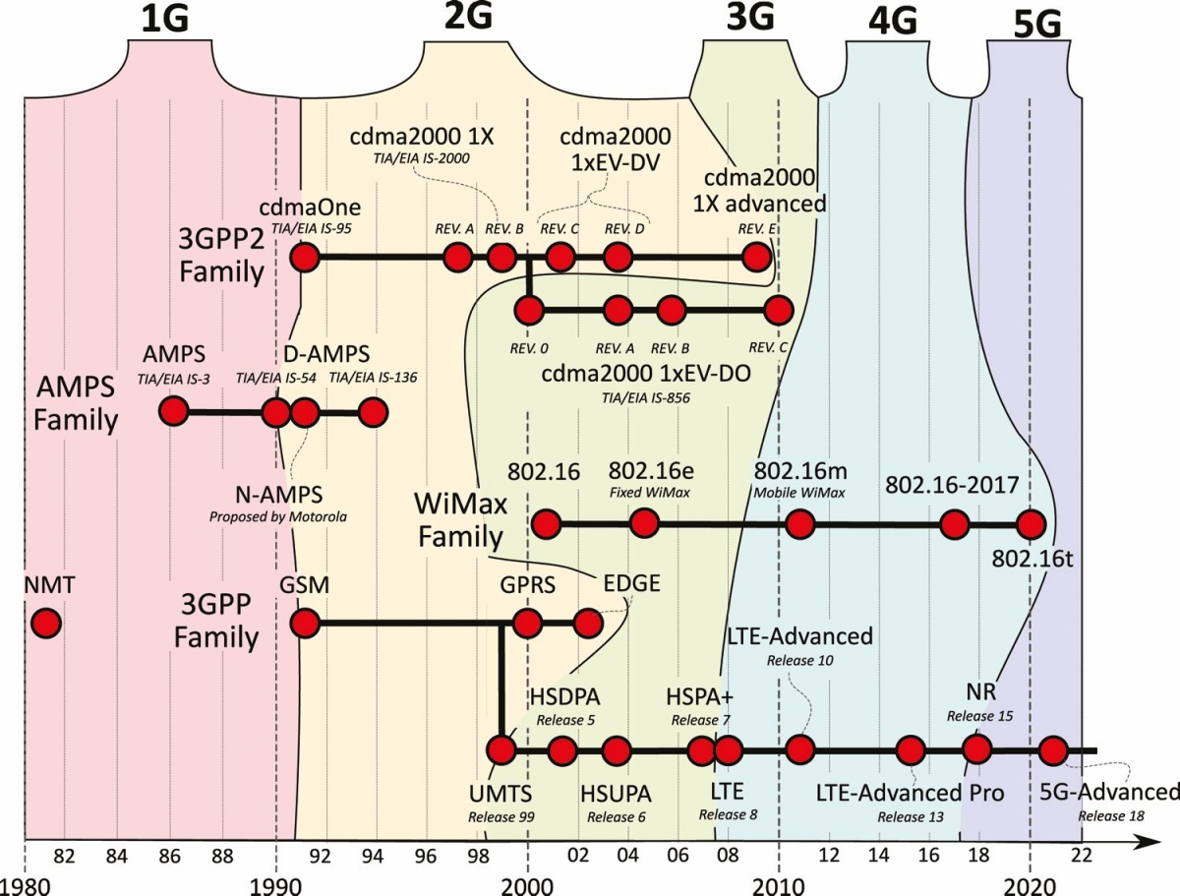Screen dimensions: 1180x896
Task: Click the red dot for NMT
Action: tap(46, 624)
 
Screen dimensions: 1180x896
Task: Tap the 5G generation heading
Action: tap(1037, 25)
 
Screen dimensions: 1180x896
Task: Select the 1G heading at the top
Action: tap(164, 21)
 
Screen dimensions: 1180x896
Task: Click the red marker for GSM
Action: tap(305, 624)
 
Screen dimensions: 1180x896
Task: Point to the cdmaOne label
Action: tap(310, 207)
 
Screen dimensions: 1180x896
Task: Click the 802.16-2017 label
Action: tap(952, 485)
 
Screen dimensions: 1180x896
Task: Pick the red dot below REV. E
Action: tap(757, 258)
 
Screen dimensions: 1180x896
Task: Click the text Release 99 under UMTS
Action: tap(501, 817)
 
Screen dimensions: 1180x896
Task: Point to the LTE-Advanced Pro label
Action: tap(911, 793)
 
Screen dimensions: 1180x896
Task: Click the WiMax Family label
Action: tap(461, 520)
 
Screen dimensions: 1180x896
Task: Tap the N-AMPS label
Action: tap(279, 494)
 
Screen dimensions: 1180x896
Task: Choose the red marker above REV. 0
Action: tap(529, 311)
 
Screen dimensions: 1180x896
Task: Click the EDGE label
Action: tap(631, 583)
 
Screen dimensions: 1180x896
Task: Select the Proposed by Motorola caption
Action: tap(278, 517)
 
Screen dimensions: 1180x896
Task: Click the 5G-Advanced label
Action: tap(1109, 793)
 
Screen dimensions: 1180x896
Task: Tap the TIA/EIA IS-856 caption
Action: tap(646, 397)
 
